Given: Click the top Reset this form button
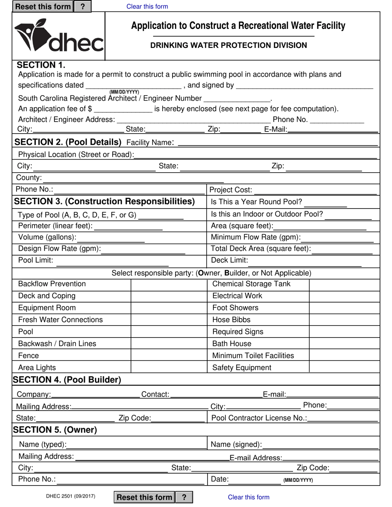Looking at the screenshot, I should point(43,7).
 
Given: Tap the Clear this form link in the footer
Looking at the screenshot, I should point(248,497).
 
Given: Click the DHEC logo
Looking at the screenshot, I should point(59,36).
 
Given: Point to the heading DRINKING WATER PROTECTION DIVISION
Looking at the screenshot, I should point(228,45).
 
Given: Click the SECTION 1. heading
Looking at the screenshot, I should point(41,65).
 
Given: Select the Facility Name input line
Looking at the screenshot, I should point(277,142).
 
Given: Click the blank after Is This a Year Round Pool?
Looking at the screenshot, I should point(325,202).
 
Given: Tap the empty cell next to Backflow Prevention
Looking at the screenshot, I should point(169,284).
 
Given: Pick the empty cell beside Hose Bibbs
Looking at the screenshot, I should point(344,320).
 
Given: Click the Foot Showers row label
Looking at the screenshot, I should point(235,308).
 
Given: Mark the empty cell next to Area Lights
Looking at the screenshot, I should point(169,368).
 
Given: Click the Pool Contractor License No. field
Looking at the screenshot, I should point(343,418).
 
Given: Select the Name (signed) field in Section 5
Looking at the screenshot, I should point(321,444).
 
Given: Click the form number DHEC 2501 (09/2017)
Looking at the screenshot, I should point(71,496).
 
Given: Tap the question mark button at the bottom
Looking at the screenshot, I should point(184,497).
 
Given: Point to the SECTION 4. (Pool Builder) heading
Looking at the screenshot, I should point(67,380).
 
